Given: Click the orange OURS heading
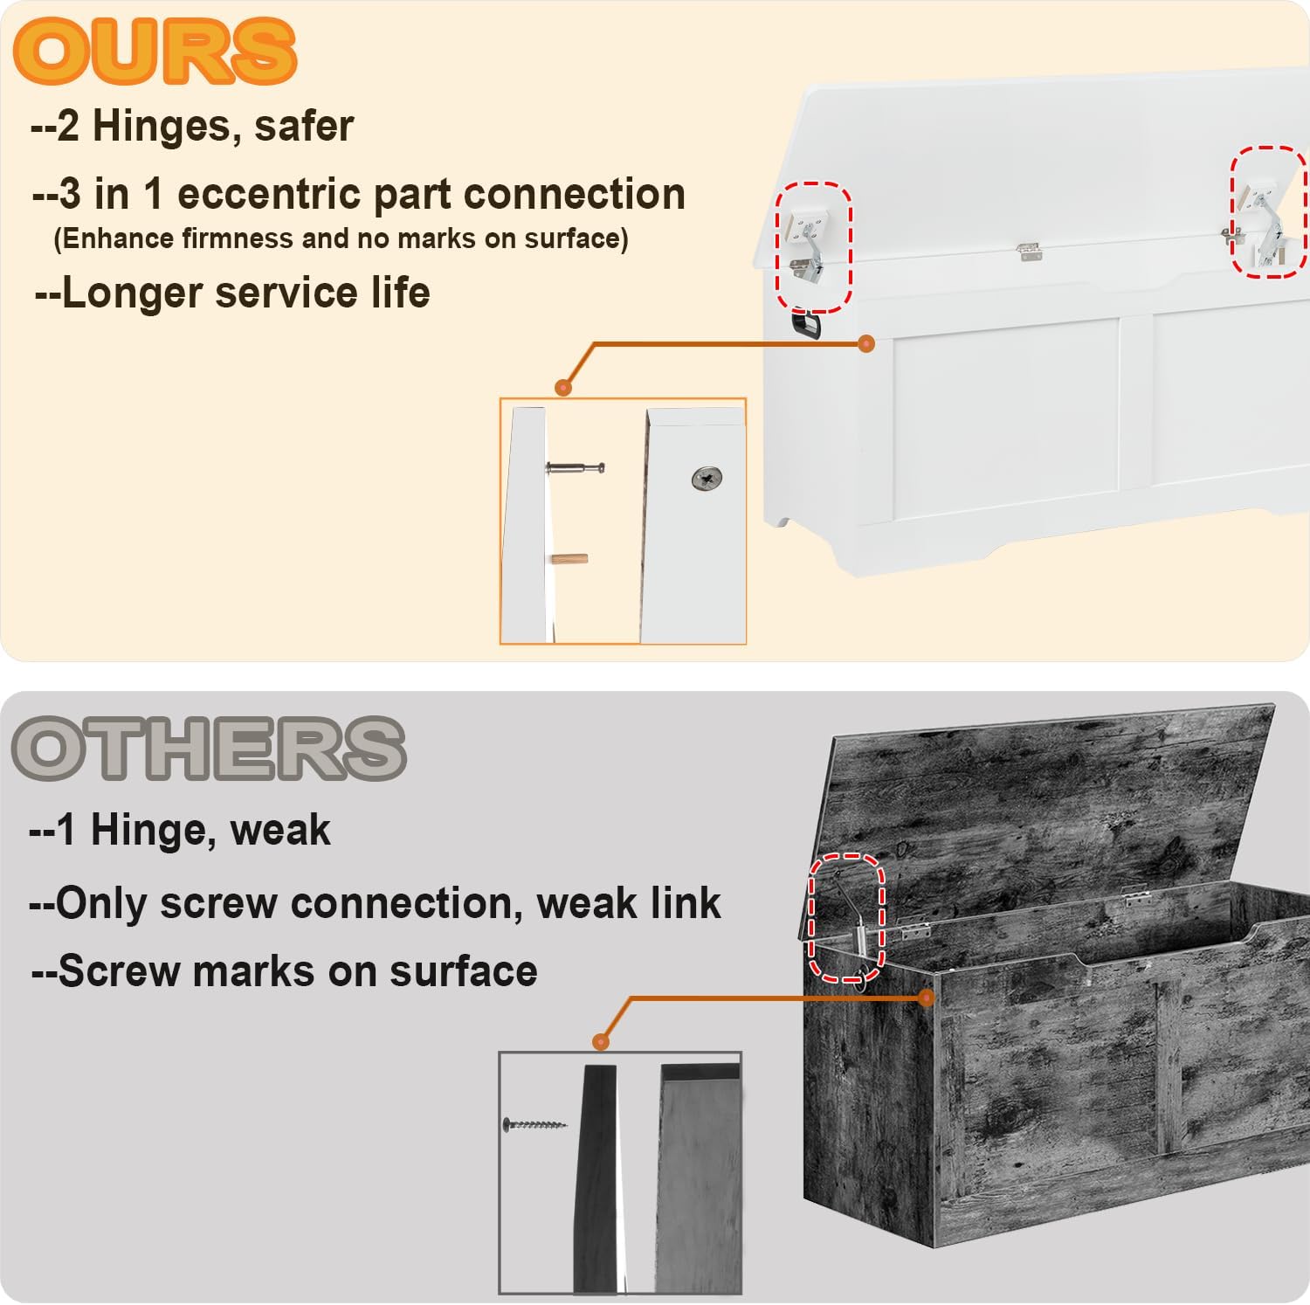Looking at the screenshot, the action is (155, 52).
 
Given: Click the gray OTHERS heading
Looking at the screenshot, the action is (209, 749).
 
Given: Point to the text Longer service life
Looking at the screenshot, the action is (232, 293).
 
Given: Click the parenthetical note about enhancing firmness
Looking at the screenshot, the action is (341, 238).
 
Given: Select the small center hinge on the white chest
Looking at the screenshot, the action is (1030, 252).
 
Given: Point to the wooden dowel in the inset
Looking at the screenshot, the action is (569, 559).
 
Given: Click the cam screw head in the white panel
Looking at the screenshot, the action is (707, 478).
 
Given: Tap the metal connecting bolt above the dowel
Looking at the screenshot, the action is (576, 469).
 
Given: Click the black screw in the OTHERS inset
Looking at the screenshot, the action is (534, 1124).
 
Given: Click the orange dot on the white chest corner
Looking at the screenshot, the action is (866, 344).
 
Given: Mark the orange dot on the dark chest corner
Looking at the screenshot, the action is (927, 998).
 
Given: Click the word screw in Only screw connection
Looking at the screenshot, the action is (219, 903).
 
